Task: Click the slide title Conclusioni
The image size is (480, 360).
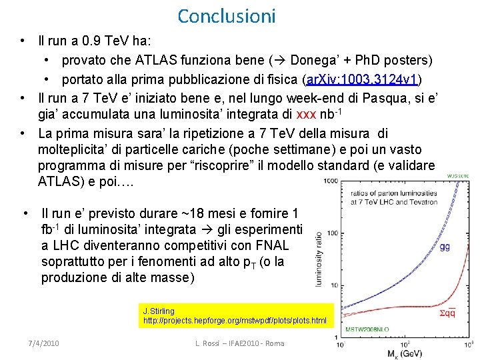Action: tap(217, 15)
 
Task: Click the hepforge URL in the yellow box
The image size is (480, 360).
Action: tap(235, 321)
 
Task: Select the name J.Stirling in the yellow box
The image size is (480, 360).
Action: tap(159, 311)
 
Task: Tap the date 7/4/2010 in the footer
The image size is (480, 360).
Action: tap(43, 343)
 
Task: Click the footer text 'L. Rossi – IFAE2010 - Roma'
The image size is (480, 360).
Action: tap(239, 343)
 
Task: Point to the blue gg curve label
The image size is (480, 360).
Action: tap(445, 246)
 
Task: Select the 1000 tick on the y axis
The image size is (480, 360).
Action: tap(329, 181)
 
